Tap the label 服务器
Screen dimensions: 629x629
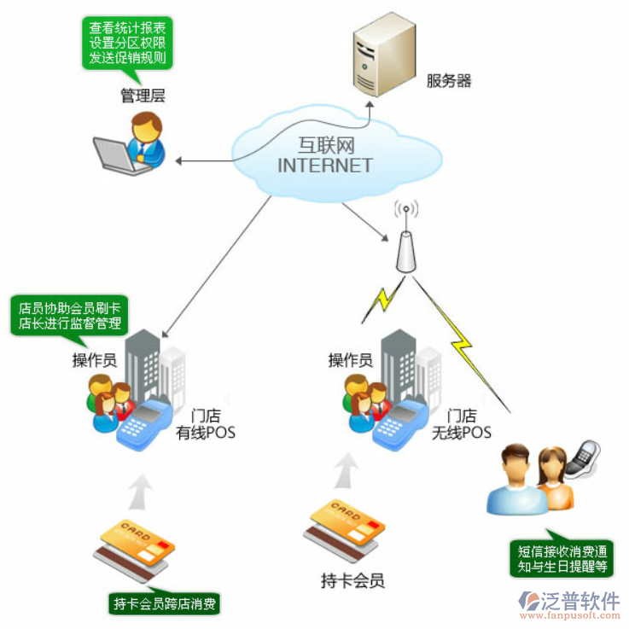click(x=449, y=82)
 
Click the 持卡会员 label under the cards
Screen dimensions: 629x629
click(x=352, y=582)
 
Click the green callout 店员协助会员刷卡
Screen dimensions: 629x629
click(x=67, y=316)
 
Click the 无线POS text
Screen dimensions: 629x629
click(x=462, y=433)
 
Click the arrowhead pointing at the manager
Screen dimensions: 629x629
click(x=180, y=160)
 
